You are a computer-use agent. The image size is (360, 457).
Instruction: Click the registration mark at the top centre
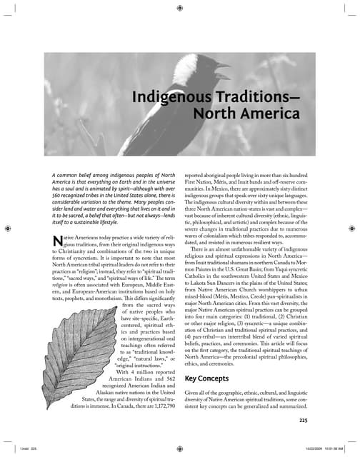pos(179,9)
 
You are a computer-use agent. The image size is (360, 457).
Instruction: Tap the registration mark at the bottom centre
pos(179,448)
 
